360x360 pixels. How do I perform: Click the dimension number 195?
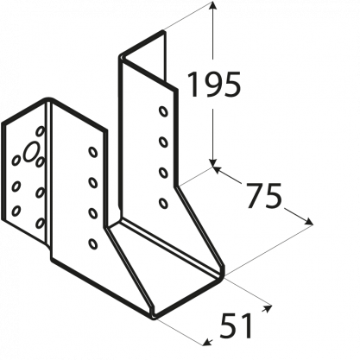(x=214, y=85)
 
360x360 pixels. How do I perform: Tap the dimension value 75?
(x=264, y=195)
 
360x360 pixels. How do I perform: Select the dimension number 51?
(x=236, y=325)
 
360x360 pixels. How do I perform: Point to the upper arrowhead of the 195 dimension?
(x=212, y=6)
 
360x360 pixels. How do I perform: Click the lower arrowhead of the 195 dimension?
(x=212, y=162)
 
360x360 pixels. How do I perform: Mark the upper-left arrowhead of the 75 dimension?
(x=218, y=170)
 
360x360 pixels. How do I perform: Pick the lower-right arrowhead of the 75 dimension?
(x=308, y=222)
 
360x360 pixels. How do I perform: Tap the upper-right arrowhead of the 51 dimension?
(x=267, y=308)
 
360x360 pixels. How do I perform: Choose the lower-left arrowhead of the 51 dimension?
(x=206, y=342)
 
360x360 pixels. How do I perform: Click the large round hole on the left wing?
(x=31, y=152)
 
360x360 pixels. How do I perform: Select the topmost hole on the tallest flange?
(x=163, y=111)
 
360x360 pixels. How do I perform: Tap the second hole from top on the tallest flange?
(x=163, y=142)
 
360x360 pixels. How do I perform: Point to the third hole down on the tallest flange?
(x=163, y=173)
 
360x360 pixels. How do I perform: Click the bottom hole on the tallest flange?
(x=163, y=203)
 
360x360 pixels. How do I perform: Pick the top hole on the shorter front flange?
(x=92, y=152)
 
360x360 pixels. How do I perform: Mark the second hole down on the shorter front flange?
(x=92, y=183)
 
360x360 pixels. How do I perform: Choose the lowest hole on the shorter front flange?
(x=92, y=244)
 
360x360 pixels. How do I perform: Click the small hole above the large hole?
(x=41, y=131)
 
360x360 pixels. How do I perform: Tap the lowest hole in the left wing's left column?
(x=16, y=211)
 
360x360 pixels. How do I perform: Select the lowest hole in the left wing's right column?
(x=41, y=224)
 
